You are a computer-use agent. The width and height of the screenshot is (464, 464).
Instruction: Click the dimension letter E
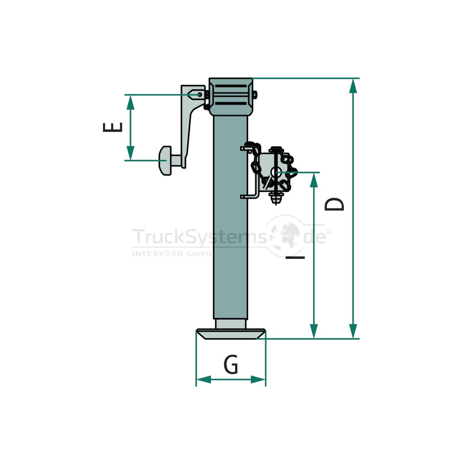[x=113, y=127]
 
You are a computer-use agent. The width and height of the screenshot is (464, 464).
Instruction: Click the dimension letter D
[x=334, y=205]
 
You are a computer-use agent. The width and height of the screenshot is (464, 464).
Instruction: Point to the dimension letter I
[x=295, y=258]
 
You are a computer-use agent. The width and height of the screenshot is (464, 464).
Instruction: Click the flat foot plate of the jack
[x=231, y=334]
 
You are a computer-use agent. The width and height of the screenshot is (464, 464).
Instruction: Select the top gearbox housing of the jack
[x=231, y=97]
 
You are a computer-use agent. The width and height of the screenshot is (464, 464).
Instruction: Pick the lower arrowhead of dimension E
[x=130, y=153]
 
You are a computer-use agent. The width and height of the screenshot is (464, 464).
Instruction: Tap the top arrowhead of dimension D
[x=353, y=86]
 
